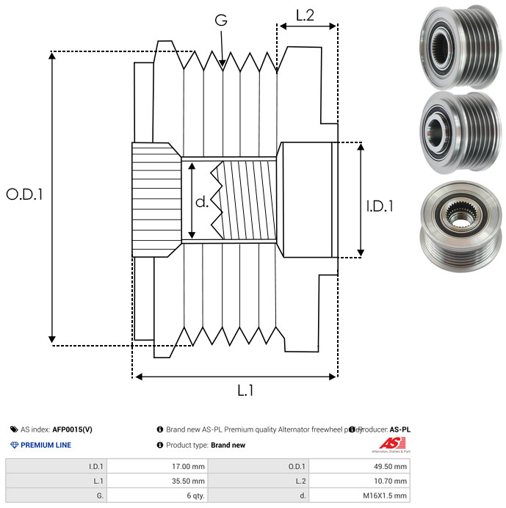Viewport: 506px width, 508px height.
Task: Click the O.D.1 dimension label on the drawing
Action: click(24, 195)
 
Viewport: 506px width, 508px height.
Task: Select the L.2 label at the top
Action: click(305, 15)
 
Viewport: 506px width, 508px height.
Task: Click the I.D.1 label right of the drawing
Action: click(379, 206)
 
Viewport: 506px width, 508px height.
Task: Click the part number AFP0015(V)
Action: click(72, 429)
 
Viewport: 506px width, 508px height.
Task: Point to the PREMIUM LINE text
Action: click(46, 445)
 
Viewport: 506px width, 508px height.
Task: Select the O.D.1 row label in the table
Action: click(297, 466)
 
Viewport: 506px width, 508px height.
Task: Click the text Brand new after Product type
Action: click(228, 445)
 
